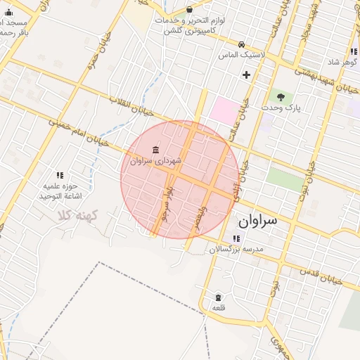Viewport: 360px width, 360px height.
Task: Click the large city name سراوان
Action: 257,221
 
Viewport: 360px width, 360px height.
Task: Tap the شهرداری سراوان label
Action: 155,161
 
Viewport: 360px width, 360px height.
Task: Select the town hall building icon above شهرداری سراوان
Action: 155,150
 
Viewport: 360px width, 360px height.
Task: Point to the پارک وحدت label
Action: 281,108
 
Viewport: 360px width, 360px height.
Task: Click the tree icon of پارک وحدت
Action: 281,96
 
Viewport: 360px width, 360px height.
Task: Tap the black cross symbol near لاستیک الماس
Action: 246,75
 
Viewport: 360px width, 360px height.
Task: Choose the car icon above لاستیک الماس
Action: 242,43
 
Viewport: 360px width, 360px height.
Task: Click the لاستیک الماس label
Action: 242,54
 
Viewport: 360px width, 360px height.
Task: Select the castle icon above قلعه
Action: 218,297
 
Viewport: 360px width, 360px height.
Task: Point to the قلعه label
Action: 218,308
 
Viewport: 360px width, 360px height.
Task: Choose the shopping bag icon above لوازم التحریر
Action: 190,9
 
